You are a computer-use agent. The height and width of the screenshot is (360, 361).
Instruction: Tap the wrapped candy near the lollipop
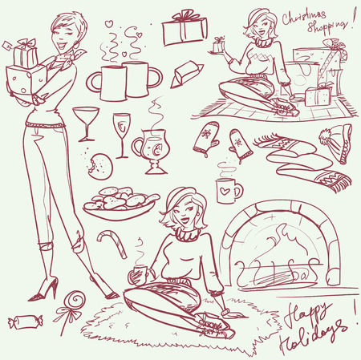click(18, 323)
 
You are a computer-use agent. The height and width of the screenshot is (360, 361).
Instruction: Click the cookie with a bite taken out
click(102, 166)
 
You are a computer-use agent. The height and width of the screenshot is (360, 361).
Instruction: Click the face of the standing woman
click(63, 31)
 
